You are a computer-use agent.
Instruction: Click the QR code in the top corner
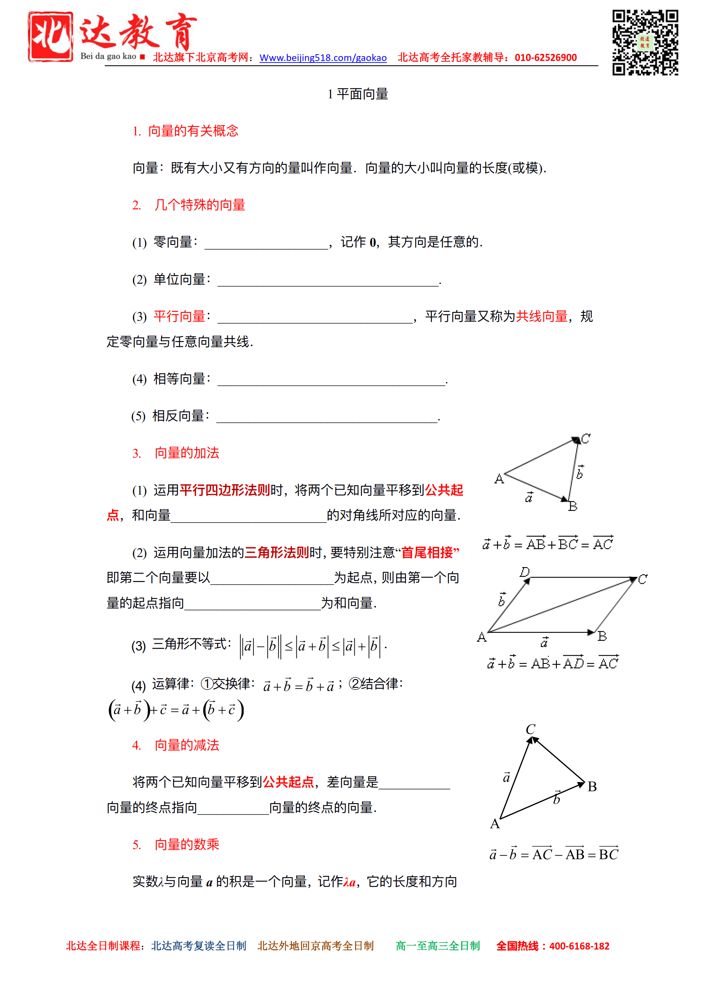click(645, 42)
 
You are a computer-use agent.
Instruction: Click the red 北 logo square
click(50, 37)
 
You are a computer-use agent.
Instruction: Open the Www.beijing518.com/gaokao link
click(323, 58)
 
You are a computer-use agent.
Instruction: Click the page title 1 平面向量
click(358, 94)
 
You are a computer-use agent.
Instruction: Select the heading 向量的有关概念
click(193, 131)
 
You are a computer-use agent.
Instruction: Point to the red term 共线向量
click(542, 317)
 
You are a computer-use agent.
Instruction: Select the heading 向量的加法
click(186, 453)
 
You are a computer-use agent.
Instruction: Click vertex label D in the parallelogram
click(525, 572)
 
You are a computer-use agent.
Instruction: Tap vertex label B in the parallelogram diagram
click(602, 636)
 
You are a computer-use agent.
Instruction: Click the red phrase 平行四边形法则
click(225, 490)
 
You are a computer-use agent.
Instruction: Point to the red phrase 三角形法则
click(277, 553)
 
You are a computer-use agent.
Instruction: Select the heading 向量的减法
click(186, 745)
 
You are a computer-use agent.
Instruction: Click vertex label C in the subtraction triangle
click(530, 729)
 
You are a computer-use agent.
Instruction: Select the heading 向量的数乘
click(186, 844)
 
